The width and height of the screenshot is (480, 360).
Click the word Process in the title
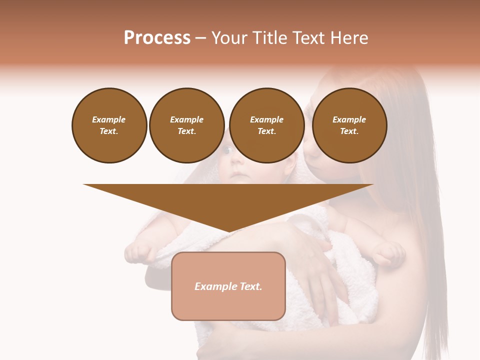coord(157,38)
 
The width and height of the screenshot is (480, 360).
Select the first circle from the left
coord(109,125)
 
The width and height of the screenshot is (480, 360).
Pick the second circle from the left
coord(186,125)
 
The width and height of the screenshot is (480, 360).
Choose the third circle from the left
coord(266,125)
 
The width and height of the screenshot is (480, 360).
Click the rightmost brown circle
coord(349,125)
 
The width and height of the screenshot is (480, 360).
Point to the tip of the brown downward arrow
coord(228,231)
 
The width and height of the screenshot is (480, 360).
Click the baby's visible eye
coord(226,150)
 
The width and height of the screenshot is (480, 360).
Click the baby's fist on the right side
coord(388,254)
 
